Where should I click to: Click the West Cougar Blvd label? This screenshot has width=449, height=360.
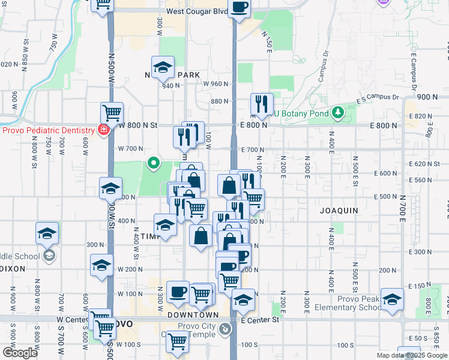197,11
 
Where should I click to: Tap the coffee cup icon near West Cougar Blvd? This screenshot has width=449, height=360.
239,8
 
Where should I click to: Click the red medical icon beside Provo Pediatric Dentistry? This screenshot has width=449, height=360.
103,129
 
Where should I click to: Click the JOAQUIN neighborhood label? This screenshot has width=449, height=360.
339,211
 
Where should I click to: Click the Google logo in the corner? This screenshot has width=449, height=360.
19,353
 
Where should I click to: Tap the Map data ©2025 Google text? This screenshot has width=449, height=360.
411,355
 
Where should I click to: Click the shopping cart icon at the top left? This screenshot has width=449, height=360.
103,4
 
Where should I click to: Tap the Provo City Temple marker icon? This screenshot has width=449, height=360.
224,328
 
